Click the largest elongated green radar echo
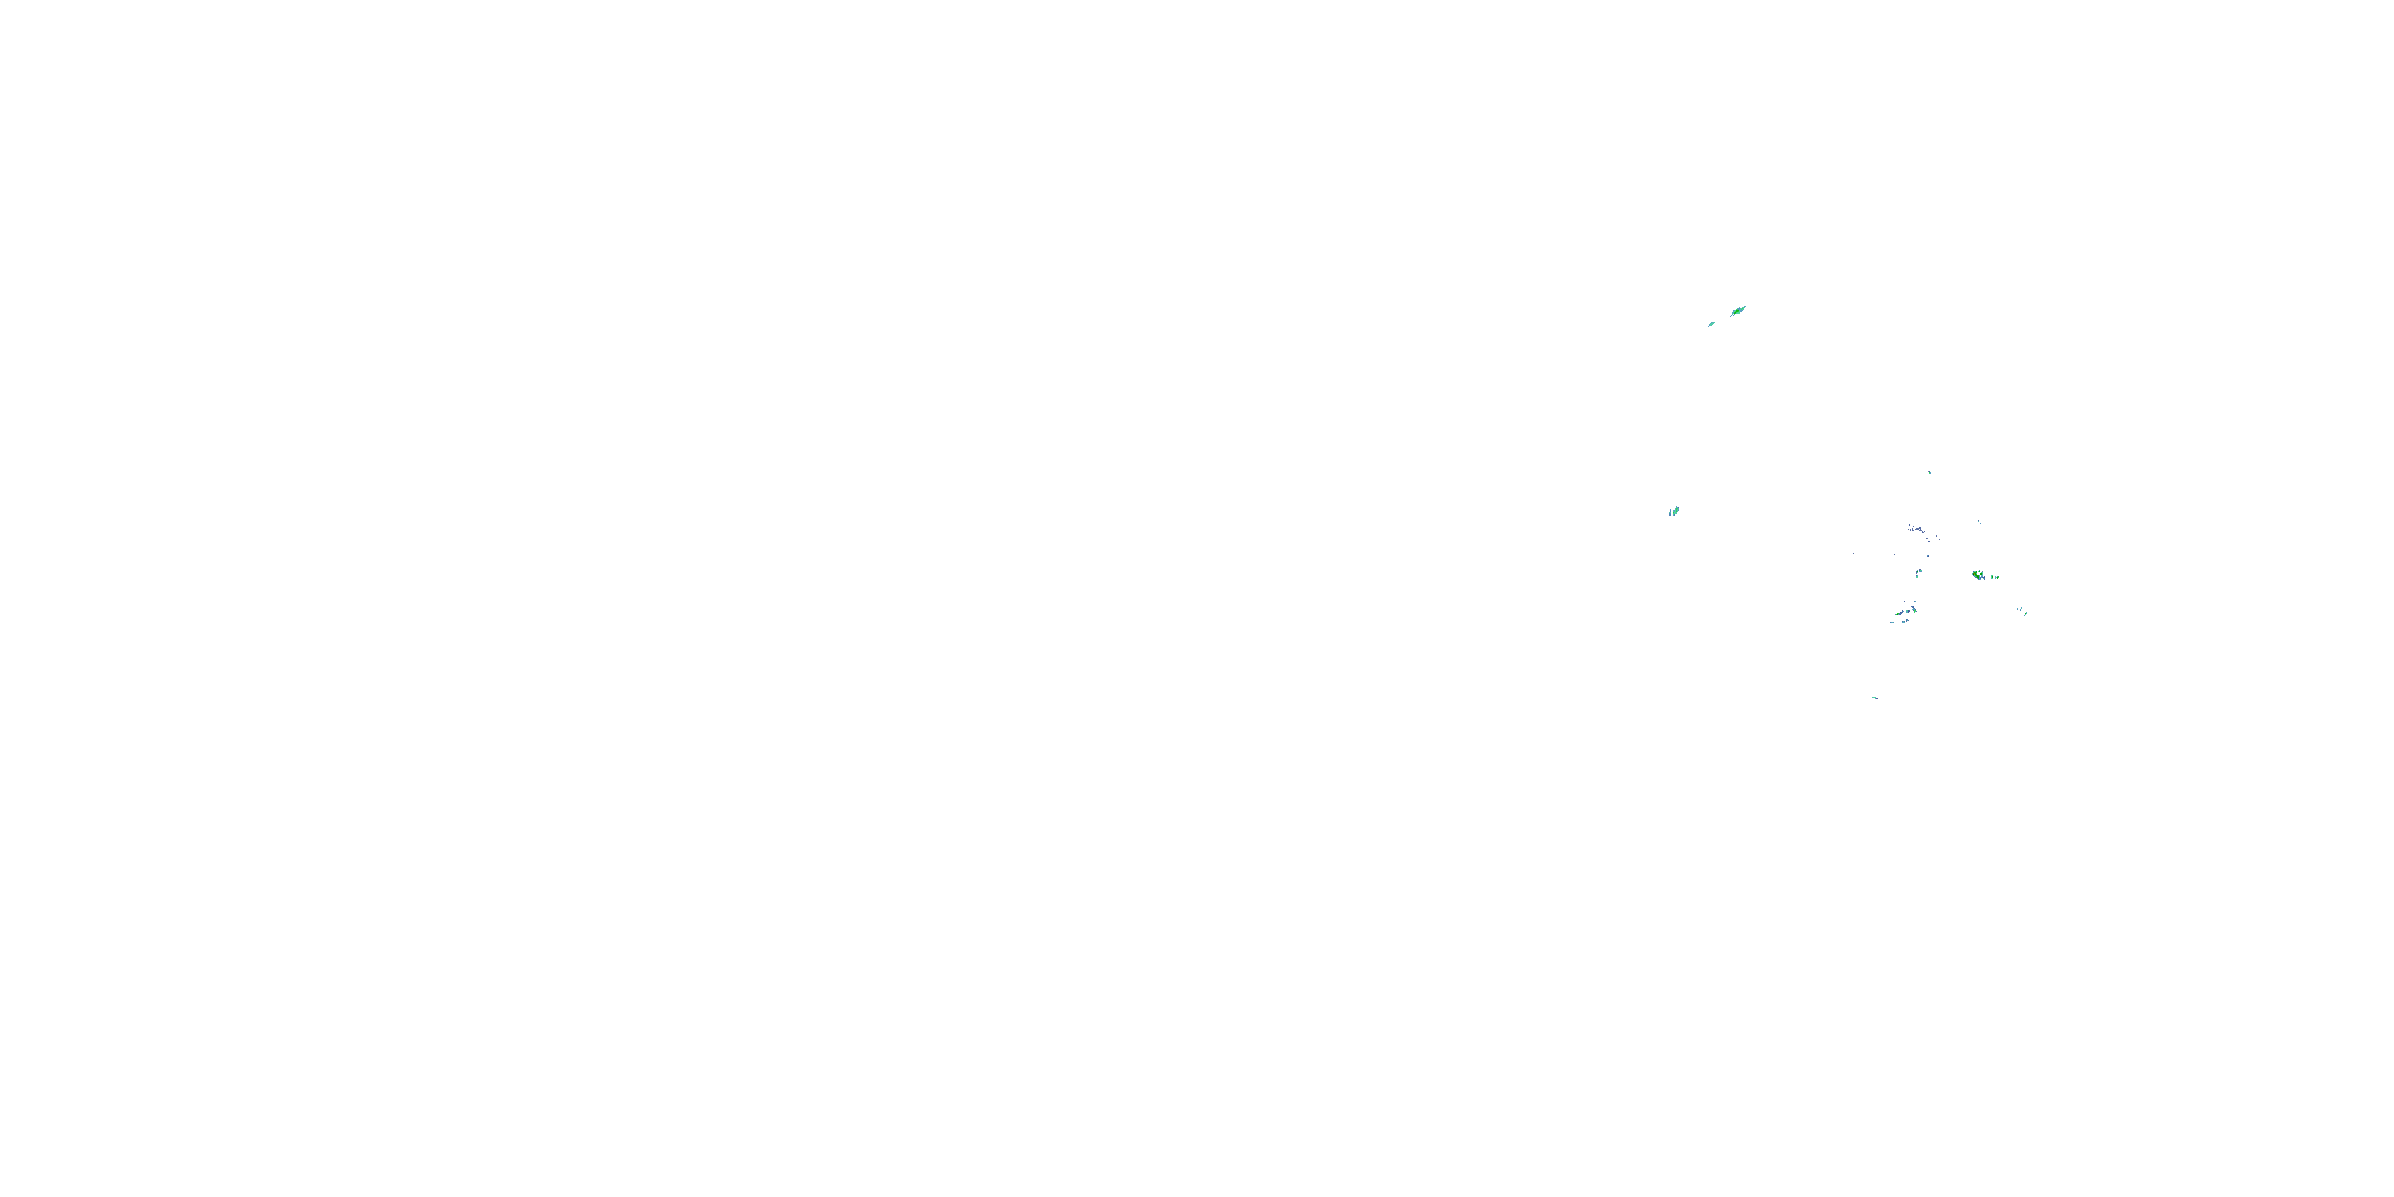[1738, 311]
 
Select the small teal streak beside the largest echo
[1711, 324]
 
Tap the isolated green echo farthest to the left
[1675, 510]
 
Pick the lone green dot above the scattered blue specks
[1930, 473]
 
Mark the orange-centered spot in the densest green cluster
[1975, 575]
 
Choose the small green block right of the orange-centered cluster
[1993, 577]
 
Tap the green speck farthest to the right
[2026, 614]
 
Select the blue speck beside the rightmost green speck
[2021, 610]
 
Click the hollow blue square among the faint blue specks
[1924, 532]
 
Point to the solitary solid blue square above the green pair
[1929, 557]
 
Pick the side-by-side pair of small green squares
[1920, 571]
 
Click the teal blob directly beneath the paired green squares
[1918, 577]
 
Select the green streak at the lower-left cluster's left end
[1898, 614]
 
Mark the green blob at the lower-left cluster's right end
[1915, 611]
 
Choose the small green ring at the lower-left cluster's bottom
[1904, 622]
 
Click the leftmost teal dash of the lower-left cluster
[1892, 622]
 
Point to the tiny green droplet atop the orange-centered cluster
[1980, 571]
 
